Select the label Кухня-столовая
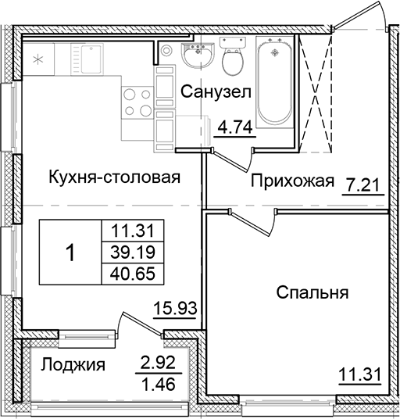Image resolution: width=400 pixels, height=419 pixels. click(113, 177)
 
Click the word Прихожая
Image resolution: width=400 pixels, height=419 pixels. click(292, 182)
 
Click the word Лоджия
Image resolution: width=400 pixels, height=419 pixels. click(73, 364)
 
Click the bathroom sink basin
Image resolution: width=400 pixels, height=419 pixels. click(195, 55)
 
